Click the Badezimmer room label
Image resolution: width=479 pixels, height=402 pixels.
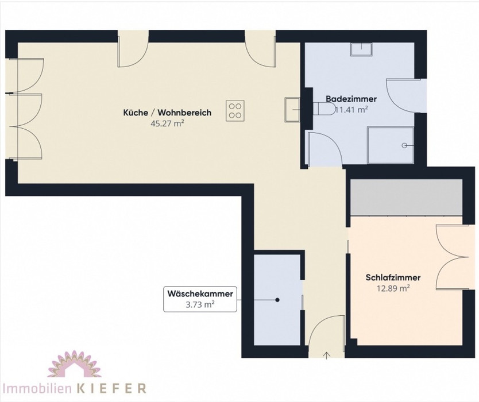point(351,99)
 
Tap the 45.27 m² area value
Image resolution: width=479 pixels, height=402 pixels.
point(167,123)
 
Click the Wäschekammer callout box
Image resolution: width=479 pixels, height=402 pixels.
point(200,299)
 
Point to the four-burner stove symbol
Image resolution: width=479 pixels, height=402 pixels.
point(235,111)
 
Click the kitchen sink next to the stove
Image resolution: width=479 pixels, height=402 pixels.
point(292,109)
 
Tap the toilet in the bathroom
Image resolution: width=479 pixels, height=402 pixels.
point(325,109)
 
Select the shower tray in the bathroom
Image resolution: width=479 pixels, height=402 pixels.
point(391,145)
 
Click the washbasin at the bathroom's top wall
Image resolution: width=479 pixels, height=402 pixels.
point(361,49)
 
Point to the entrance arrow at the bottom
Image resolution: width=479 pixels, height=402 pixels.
point(327,355)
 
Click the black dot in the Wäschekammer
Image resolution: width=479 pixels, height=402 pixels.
point(277,300)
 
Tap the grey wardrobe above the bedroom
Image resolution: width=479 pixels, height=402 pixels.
point(406,198)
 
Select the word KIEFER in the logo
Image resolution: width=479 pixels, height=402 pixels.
point(111,388)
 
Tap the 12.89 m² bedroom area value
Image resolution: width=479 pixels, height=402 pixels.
point(393,288)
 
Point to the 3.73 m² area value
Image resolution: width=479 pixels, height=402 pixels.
point(200,304)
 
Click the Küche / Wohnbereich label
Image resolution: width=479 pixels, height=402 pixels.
point(167,113)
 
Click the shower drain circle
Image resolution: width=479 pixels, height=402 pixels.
point(405,145)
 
